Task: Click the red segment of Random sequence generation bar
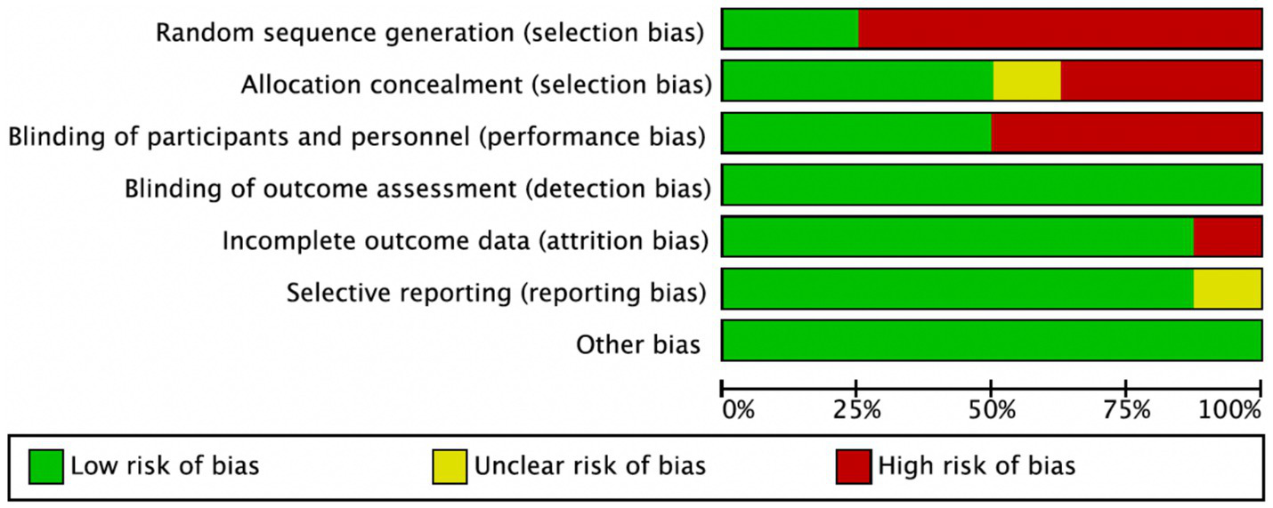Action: [x=1059, y=28]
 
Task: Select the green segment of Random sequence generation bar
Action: [x=790, y=28]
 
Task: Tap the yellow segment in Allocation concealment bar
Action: [x=1026, y=81]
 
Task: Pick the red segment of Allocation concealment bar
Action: [x=1161, y=81]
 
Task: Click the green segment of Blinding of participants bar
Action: [x=855, y=133]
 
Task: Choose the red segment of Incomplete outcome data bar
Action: [x=1227, y=237]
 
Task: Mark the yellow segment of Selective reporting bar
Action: [x=1227, y=288]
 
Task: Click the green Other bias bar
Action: [x=991, y=340]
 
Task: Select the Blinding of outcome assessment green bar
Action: [x=991, y=184]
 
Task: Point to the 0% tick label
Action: [x=738, y=411]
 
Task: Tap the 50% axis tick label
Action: [x=993, y=411]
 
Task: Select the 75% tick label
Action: [x=1128, y=411]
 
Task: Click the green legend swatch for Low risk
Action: [x=46, y=466]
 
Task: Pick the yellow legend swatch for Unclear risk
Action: [x=450, y=466]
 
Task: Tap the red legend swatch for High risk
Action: [x=853, y=466]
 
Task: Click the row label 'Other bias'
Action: [x=638, y=344]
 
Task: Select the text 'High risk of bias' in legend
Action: [x=977, y=465]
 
